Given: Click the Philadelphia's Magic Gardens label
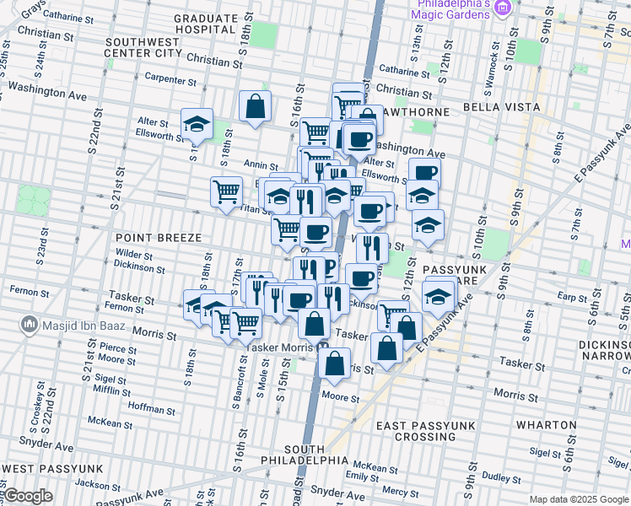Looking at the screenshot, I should tap(450, 9).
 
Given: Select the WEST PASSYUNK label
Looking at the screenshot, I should tap(51, 468).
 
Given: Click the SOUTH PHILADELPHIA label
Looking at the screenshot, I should tap(316, 454).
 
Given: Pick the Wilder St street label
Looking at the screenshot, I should tap(134, 254).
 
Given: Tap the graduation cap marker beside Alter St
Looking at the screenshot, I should tap(197, 124).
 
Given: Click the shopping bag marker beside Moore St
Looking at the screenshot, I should tap(335, 363).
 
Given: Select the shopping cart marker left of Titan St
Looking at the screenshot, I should tap(226, 191).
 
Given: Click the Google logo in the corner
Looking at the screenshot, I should tap(27, 497).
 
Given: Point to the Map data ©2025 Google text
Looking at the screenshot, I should tap(578, 499).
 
